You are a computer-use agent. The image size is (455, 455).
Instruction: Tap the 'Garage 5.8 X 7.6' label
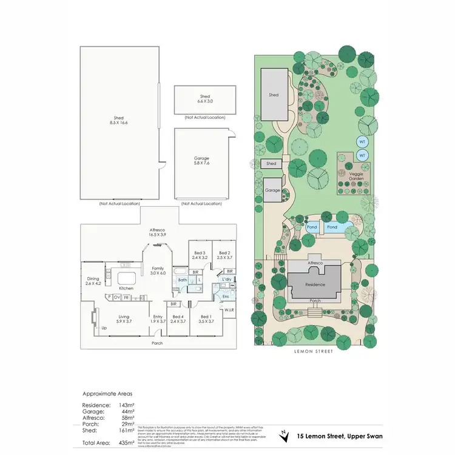[x=201, y=161]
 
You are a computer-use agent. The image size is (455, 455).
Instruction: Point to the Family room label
[x=158, y=271]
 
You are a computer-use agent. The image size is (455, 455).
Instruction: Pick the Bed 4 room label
[x=177, y=319]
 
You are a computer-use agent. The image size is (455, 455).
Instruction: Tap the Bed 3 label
[x=200, y=255]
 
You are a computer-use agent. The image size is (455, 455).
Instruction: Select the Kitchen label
[x=126, y=288]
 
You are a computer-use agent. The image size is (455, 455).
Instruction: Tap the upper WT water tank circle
[x=362, y=142]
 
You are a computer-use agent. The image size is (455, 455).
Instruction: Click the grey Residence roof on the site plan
[x=315, y=284]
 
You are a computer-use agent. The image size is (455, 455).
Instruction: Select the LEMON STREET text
[x=314, y=351]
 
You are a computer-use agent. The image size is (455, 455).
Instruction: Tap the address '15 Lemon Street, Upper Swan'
[x=337, y=436]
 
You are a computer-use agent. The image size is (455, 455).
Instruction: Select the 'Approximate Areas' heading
[x=107, y=393]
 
